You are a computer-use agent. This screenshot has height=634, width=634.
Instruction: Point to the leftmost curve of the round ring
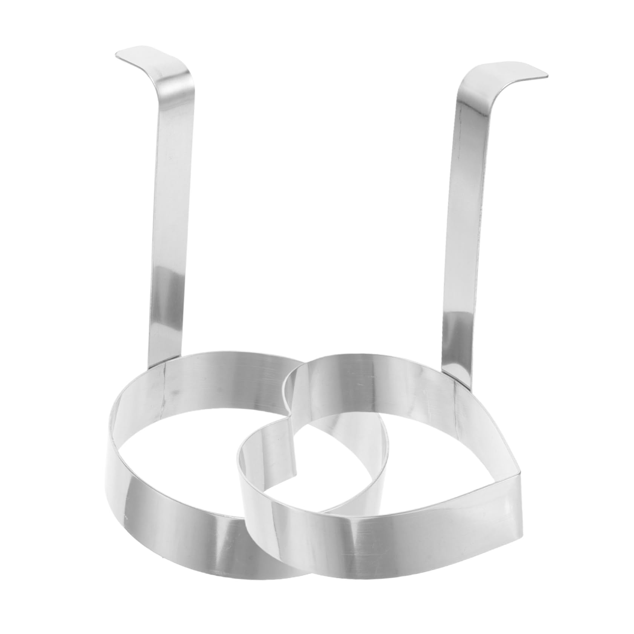click(x=113, y=452)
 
